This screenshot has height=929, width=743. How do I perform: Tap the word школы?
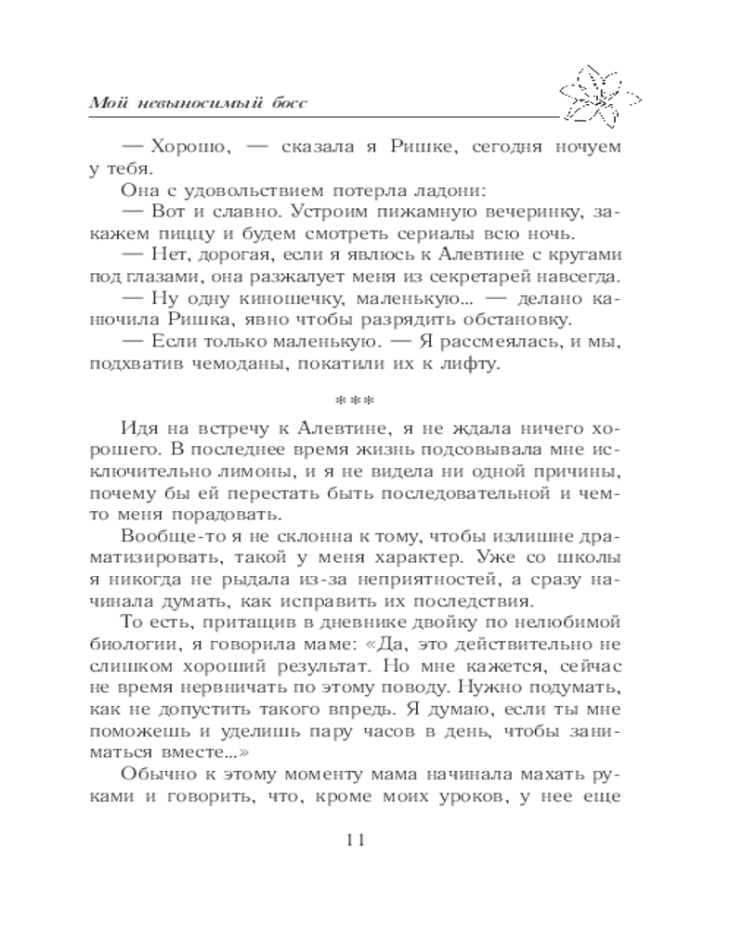click(592, 559)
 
